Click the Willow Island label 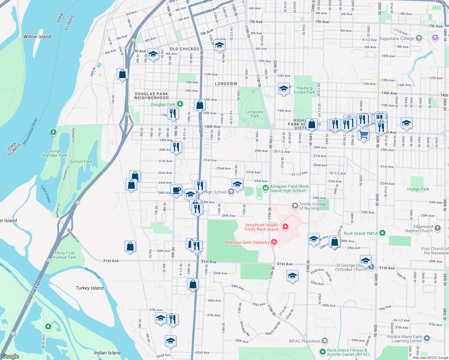pos(37,37)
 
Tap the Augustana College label pos(396,38)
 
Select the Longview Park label pos(255,114)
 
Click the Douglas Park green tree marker pos(180,104)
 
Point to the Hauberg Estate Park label pos(304,90)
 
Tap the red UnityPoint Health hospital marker pos(285,227)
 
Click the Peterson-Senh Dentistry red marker pos(274,242)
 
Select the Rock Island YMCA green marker pos(382,233)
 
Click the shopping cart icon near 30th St pos(363,135)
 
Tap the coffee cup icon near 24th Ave pos(176,190)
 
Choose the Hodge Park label pos(418,189)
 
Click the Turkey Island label pos(89,288)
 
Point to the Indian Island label pos(107,353)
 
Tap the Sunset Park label pos(81,161)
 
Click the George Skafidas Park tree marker pos(53,132)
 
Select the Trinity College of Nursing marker pos(295,205)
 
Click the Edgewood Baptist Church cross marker pos(438,228)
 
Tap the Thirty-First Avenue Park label pos(65,255)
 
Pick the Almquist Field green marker pos(265,188)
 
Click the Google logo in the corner pos(10,356)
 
